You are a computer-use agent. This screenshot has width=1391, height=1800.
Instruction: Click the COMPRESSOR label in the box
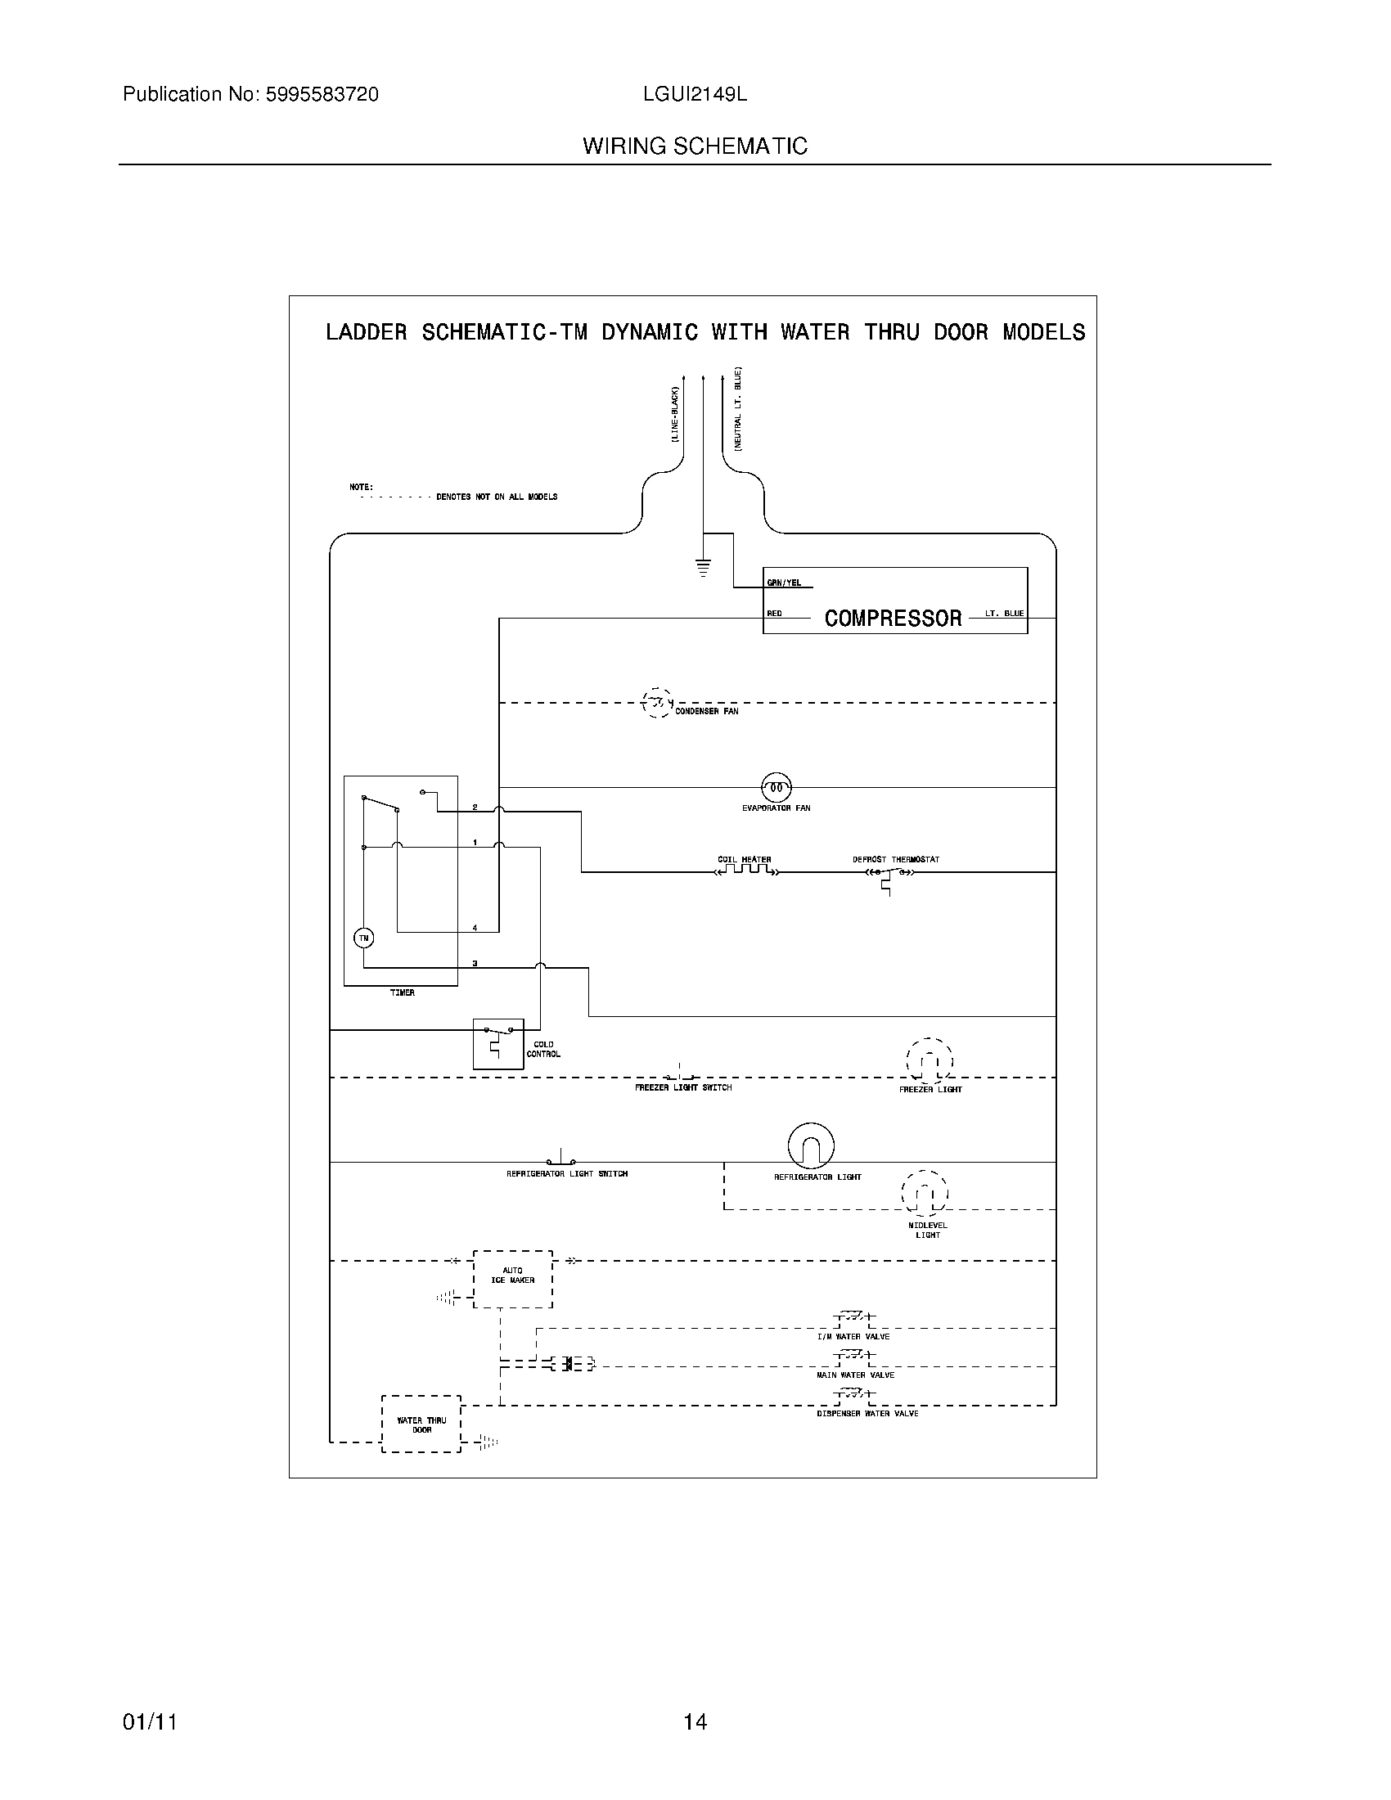[x=893, y=618]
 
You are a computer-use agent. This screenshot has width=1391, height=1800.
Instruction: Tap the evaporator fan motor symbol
[x=776, y=787]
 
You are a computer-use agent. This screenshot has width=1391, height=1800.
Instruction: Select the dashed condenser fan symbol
[x=657, y=703]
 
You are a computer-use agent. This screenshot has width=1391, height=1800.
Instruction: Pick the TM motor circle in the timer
[x=363, y=938]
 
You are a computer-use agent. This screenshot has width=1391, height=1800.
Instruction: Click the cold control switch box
[x=497, y=1043]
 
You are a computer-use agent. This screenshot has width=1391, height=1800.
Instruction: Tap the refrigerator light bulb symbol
[x=811, y=1145]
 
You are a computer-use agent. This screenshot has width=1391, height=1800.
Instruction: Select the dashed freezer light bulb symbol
[x=930, y=1060]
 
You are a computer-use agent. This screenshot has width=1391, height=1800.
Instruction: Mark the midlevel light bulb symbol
[x=925, y=1193]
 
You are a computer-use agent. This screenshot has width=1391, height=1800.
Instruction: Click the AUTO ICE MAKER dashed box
[x=512, y=1278]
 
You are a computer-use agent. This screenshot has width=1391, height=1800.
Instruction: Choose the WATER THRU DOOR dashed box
[x=421, y=1424]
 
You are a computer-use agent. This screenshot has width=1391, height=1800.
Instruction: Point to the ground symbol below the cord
[x=703, y=566]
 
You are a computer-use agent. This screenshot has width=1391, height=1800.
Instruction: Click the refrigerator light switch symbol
[x=561, y=1159]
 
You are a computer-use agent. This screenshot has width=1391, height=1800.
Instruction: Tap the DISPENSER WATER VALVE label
[x=867, y=1414]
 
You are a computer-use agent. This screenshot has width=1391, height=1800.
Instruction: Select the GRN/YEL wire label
[x=784, y=583]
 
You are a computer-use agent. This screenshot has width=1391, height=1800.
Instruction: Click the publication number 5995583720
[x=322, y=95]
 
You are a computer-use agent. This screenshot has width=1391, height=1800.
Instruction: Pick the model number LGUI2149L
[x=695, y=95]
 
